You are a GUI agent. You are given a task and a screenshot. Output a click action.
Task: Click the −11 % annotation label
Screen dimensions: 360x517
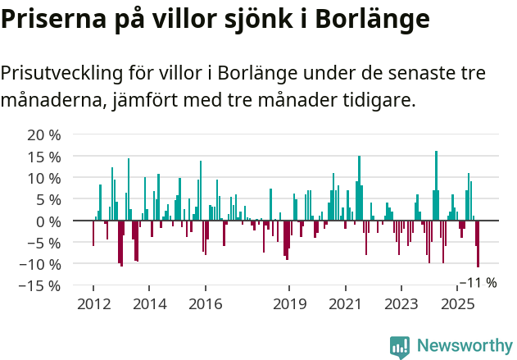[x=478, y=283]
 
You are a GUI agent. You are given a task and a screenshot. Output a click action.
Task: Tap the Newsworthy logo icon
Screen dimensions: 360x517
[x=400, y=347]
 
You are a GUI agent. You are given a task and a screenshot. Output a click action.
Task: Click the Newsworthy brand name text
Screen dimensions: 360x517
[x=465, y=346]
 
